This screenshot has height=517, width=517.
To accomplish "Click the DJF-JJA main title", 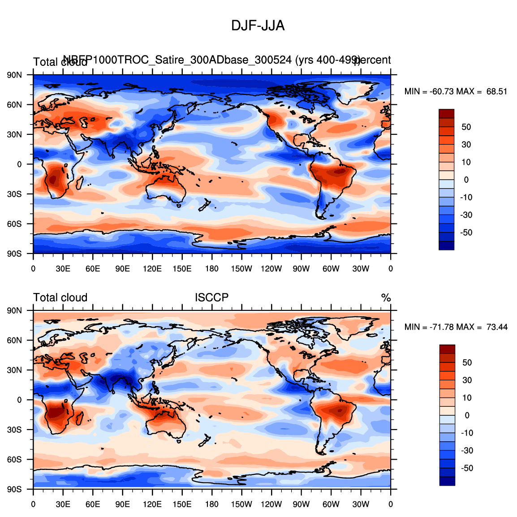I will click(258, 26).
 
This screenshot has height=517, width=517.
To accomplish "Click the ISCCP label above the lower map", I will click(211, 297).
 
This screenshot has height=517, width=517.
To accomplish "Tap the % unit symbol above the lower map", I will click(386, 298).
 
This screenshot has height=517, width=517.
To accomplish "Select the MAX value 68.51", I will click(497, 91).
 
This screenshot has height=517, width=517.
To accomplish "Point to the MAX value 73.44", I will click(497, 327).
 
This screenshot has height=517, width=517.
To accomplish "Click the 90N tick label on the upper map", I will click(14, 75).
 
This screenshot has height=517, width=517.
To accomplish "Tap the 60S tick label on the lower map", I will click(14, 460).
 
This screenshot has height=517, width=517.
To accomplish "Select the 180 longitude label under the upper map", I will click(212, 269).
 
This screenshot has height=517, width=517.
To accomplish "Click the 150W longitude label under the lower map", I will click(241, 504).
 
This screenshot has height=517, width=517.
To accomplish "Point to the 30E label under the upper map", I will click(63, 269).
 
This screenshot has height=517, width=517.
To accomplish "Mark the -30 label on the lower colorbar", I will click(467, 451).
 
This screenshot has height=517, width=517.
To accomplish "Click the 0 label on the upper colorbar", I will click(466, 180).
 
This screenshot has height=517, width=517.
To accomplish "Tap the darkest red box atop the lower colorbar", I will click(447, 349).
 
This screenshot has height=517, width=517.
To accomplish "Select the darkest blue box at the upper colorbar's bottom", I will click(447, 246).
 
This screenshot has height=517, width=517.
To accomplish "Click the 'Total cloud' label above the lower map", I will click(60, 297).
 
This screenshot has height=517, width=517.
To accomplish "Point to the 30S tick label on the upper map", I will click(14, 194).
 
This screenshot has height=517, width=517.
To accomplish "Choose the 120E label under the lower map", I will click(152, 504).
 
